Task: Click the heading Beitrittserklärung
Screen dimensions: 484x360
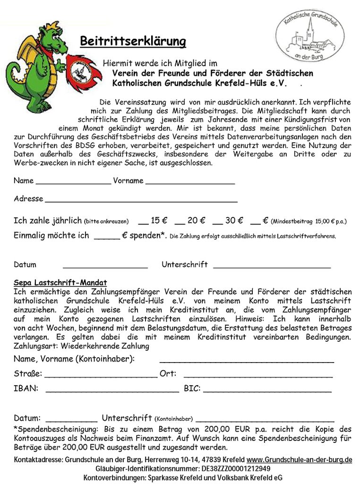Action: coord(133,42)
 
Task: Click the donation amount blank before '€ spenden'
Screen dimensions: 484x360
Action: coord(107,237)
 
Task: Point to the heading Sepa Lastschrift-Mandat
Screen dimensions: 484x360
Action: coord(60,283)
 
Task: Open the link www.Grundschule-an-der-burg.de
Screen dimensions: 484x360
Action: coord(300,459)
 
